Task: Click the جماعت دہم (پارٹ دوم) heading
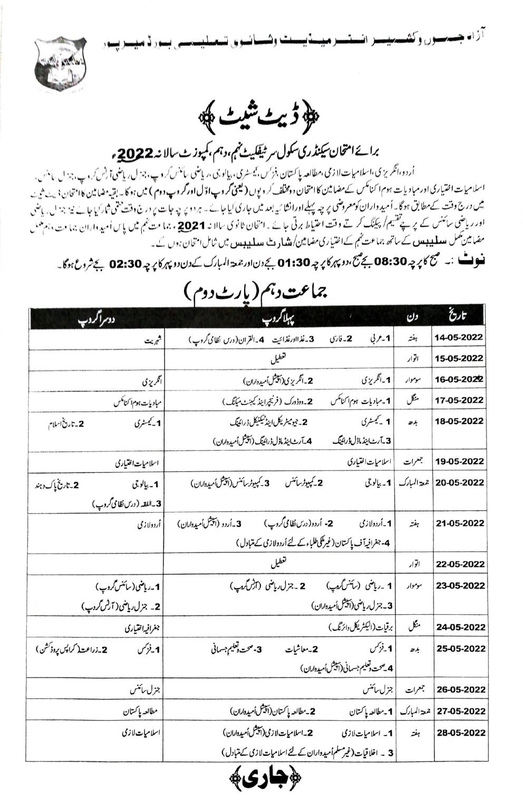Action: (262, 292)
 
